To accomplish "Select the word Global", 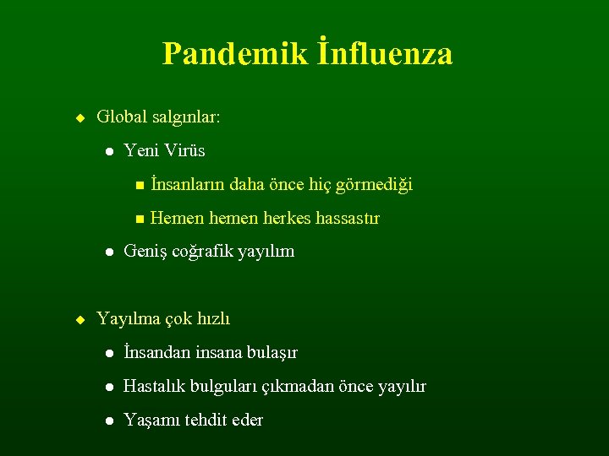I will point(123,117).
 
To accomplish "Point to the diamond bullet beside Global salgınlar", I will point(80,117).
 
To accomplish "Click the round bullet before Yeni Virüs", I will point(109,151).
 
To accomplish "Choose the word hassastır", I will point(348,218).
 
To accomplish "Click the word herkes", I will point(287,218).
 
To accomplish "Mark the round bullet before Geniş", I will point(109,252).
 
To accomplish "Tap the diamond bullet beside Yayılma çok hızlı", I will point(80,319).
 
